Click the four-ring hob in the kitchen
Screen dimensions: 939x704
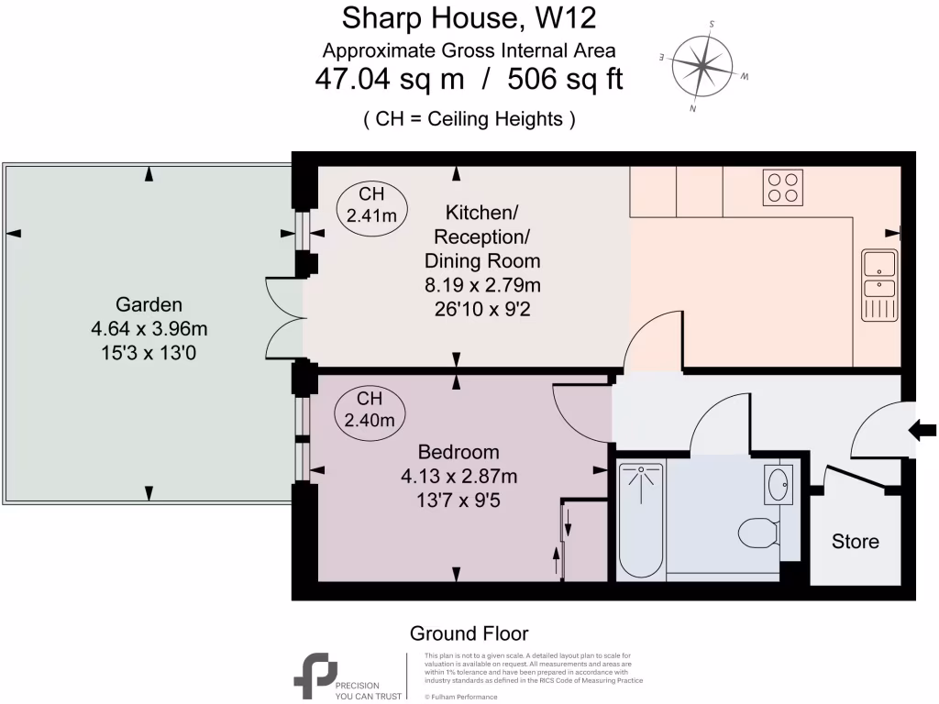(783, 187)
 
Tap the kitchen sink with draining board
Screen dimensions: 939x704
(879, 285)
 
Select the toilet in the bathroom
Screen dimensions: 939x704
(759, 533)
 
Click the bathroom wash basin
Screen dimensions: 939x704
(779, 484)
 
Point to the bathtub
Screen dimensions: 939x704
(641, 521)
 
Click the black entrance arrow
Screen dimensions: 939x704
(922, 430)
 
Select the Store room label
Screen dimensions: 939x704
(856, 541)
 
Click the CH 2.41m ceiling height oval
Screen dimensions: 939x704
(371, 204)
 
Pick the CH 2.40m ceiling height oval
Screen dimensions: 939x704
(370, 410)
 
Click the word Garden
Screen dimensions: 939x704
(149, 304)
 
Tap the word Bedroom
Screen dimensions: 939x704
(458, 452)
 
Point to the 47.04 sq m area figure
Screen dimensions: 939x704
(389, 79)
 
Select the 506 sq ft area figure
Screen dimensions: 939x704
(565, 79)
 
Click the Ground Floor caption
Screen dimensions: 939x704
(469, 633)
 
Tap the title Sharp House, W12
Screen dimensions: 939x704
(469, 18)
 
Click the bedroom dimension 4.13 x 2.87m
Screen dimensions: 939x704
(458, 477)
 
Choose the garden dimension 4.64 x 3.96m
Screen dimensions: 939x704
(149, 329)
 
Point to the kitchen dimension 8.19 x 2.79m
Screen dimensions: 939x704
(482, 285)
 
